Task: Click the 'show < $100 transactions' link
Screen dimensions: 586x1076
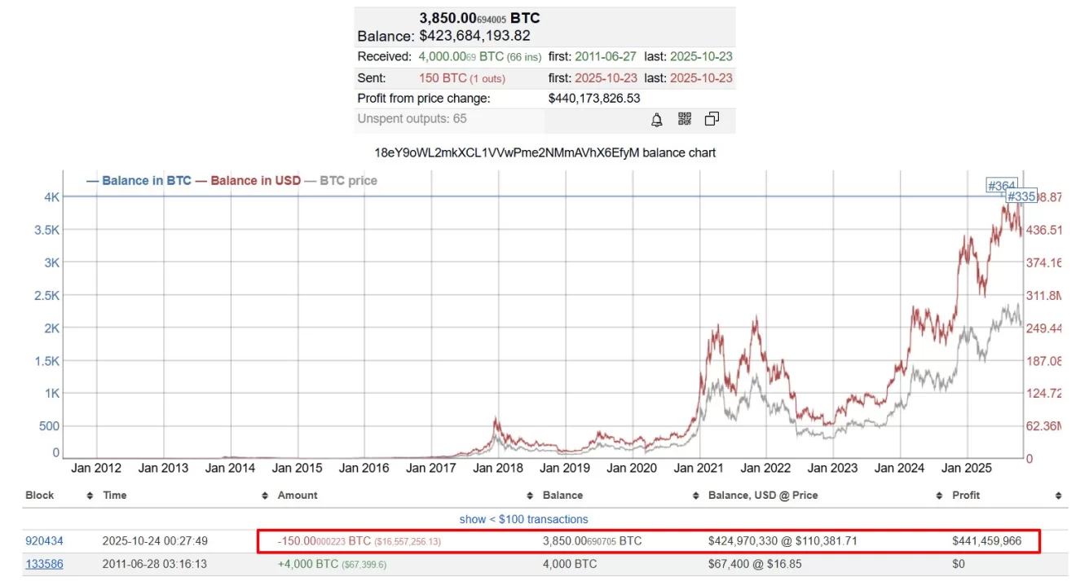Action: (523, 519)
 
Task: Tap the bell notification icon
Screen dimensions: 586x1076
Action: (656, 120)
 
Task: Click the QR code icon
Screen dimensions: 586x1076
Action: (684, 119)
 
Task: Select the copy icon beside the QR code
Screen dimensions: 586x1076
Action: (712, 119)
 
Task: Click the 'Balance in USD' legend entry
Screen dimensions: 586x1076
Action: (255, 180)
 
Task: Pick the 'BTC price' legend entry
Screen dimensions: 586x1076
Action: (348, 180)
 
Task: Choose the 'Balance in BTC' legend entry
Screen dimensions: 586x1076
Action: (146, 180)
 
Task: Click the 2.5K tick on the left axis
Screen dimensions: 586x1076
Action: (46, 295)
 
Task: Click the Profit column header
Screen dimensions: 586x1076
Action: (966, 496)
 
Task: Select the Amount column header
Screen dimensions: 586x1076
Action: (298, 496)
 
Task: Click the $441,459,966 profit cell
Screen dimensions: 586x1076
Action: (986, 541)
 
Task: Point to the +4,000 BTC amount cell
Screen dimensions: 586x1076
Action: (310, 564)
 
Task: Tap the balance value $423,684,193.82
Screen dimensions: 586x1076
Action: (474, 36)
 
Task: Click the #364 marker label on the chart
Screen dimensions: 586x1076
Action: (1001, 186)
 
